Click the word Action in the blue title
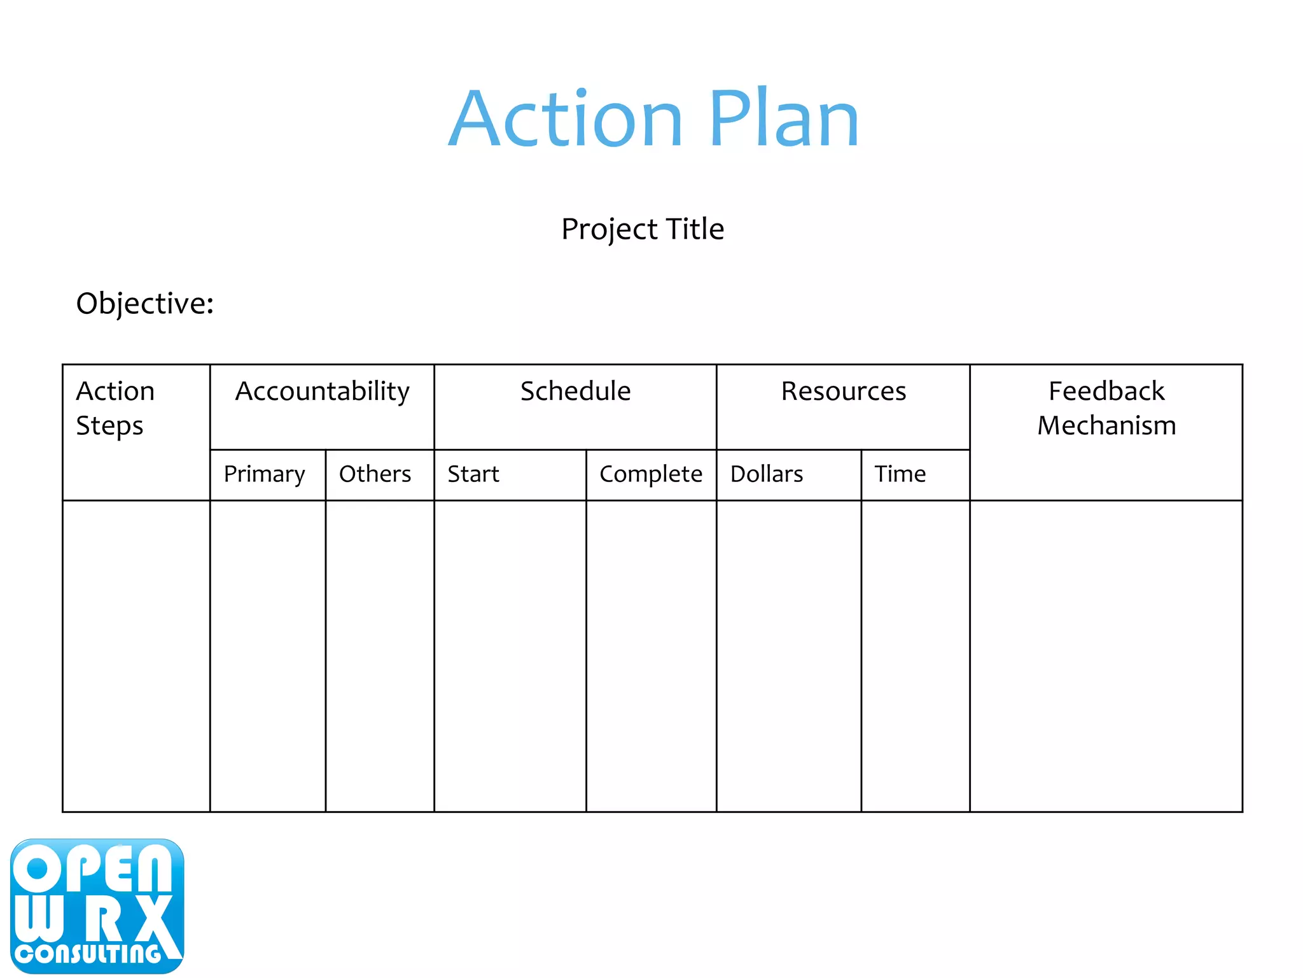click(566, 119)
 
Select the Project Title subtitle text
click(643, 229)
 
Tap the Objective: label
click(145, 304)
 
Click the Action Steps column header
click(115, 408)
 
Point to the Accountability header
click(322, 392)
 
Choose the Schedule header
click(575, 392)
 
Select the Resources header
click(843, 392)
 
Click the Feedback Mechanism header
click(1106, 408)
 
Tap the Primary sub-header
click(264, 474)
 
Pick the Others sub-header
click(375, 474)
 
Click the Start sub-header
click(473, 474)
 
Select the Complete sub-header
click(651, 474)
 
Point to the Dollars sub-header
click(767, 474)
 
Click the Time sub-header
click(900, 474)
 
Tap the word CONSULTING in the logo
click(88, 954)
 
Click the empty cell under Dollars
click(789, 656)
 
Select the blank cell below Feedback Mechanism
click(1106, 656)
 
